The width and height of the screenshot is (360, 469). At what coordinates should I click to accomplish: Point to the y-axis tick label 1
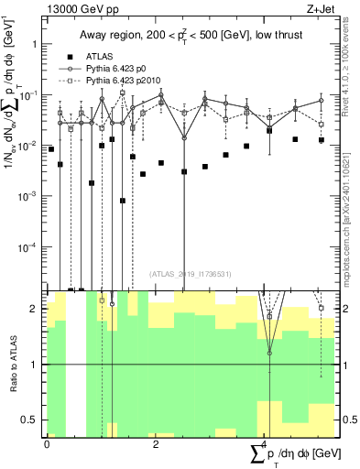tap(33, 44)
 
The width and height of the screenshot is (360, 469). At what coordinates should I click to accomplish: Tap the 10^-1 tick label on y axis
tap(28, 94)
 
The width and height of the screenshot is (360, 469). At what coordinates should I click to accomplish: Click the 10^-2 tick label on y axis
tap(28, 146)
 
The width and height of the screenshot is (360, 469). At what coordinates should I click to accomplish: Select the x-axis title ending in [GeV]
tap(295, 453)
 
